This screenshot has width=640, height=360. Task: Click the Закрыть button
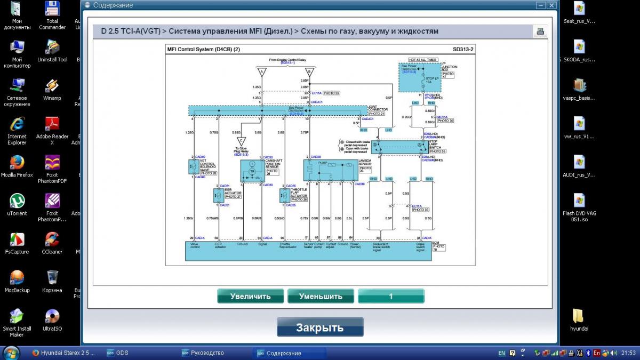(x=319, y=327)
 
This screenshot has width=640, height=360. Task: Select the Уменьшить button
(x=321, y=296)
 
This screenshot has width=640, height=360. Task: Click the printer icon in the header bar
(x=540, y=31)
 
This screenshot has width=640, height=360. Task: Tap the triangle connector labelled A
(x=260, y=71)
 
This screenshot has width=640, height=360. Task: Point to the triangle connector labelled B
(x=307, y=71)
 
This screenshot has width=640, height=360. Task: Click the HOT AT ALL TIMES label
(x=422, y=60)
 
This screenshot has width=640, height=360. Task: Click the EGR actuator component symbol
(x=218, y=196)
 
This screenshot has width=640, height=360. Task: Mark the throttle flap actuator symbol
(x=284, y=196)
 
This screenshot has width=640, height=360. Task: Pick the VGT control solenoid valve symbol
(x=192, y=167)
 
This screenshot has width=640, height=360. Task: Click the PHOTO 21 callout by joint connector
(x=376, y=114)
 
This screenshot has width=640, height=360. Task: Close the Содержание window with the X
(x=551, y=5)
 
